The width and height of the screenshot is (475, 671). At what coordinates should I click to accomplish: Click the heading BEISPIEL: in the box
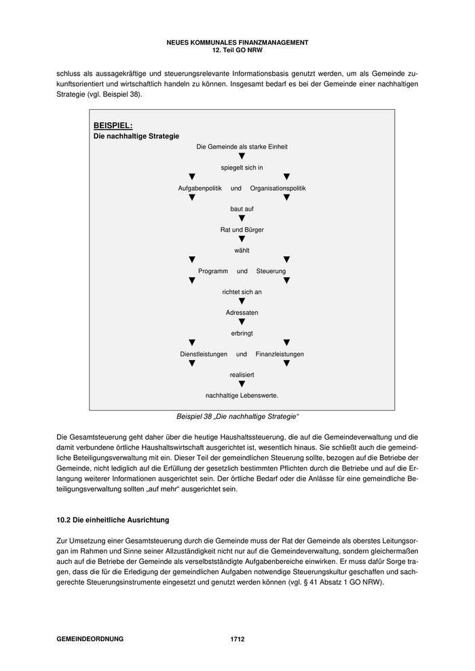(113, 125)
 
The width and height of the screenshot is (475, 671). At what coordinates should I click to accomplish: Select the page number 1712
(237, 639)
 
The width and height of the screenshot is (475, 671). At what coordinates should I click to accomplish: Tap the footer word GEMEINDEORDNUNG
(90, 639)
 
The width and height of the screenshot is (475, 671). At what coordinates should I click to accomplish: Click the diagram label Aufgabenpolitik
(200, 188)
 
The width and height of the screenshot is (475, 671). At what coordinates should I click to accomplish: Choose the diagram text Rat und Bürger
(242, 230)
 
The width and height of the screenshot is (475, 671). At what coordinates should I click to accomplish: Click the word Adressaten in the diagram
(242, 312)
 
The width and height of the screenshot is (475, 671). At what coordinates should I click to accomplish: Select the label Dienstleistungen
(204, 354)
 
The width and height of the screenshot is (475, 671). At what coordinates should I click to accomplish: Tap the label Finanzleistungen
(280, 354)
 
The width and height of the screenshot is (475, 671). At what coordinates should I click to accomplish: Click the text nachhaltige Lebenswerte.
(242, 395)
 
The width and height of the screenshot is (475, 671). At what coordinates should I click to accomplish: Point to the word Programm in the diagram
(213, 271)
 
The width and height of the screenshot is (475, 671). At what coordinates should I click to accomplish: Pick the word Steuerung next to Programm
(271, 271)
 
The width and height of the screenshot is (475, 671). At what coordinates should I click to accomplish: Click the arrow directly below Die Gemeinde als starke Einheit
(242, 157)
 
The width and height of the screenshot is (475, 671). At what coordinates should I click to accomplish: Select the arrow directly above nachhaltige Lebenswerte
(242, 384)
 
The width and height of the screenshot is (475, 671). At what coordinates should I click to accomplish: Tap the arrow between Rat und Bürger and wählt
(242, 239)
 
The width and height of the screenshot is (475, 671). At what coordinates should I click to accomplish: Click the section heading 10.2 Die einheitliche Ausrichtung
(113, 520)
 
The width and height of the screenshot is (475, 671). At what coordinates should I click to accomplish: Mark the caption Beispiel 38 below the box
(237, 415)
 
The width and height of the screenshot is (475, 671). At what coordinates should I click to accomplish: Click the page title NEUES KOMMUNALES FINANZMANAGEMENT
(237, 42)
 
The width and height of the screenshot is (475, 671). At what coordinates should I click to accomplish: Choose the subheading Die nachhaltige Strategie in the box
(136, 136)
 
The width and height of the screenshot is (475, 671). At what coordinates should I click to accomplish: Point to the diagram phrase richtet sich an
(242, 291)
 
